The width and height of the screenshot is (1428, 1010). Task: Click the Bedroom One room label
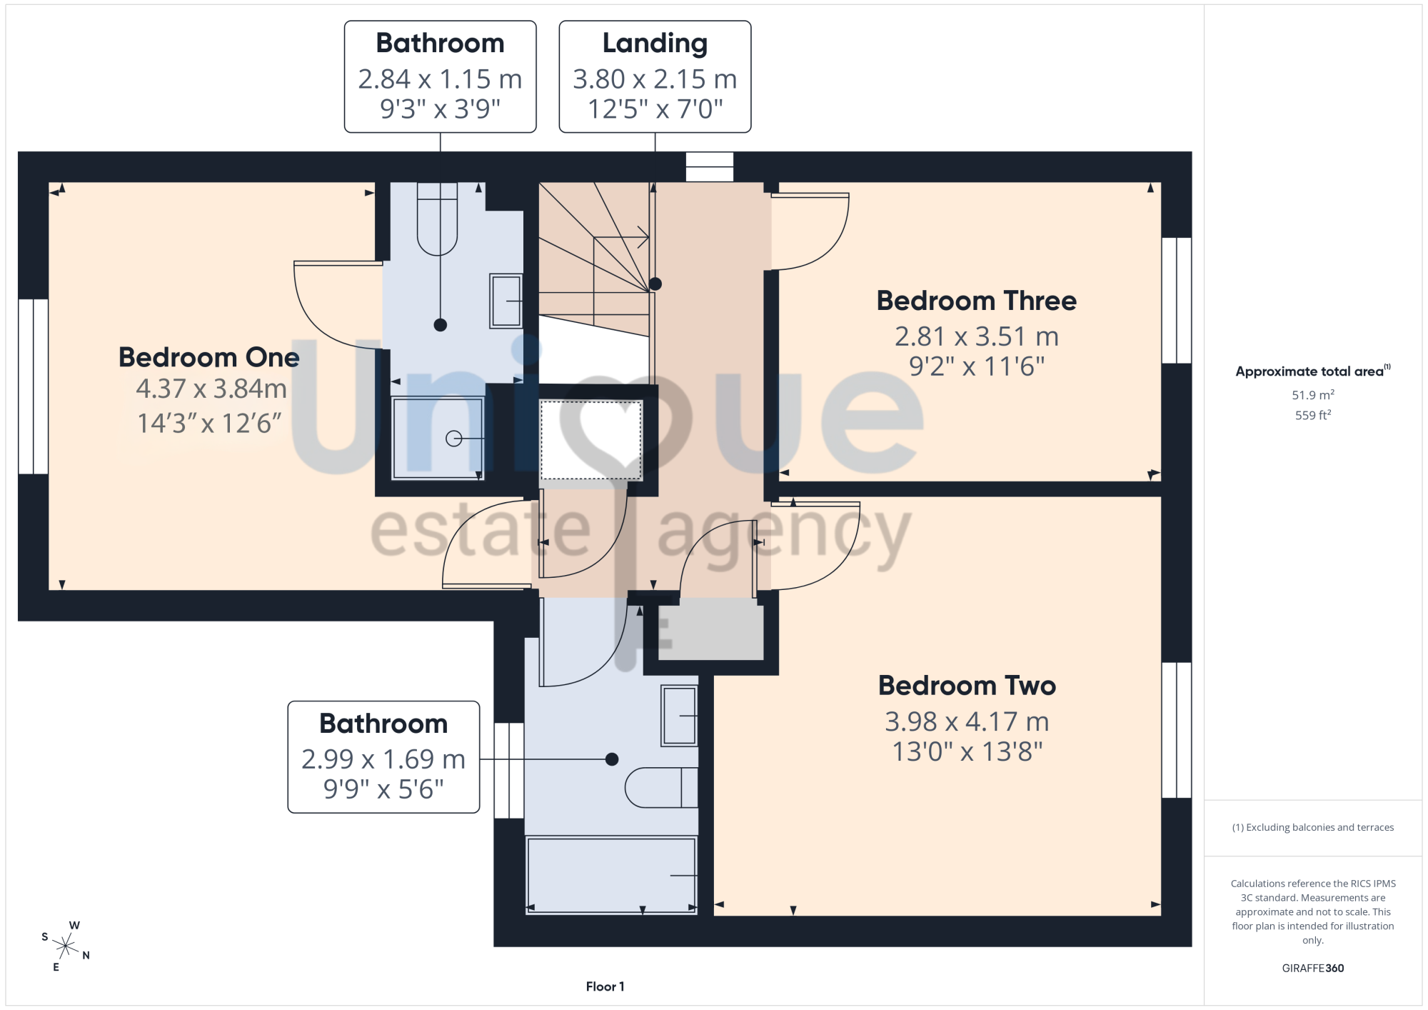(x=209, y=357)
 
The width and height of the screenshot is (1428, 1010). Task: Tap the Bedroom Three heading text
(x=977, y=301)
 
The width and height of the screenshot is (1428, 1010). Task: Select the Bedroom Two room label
(x=967, y=686)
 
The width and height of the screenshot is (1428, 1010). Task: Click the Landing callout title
(x=655, y=44)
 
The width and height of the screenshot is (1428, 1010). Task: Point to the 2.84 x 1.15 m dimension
(x=441, y=79)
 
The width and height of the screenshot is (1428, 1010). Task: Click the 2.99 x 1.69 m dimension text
(x=383, y=759)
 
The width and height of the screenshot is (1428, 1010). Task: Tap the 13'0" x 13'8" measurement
(x=967, y=751)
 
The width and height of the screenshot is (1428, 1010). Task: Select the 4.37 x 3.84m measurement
(x=211, y=389)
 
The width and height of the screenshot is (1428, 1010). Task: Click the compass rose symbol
(x=66, y=947)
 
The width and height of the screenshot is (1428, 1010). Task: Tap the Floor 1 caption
(x=605, y=986)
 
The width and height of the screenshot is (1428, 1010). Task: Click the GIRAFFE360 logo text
(x=1313, y=969)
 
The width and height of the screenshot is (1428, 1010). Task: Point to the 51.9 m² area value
(x=1313, y=394)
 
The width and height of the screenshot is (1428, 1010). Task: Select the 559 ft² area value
(x=1313, y=415)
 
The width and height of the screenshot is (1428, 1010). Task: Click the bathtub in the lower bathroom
(x=611, y=875)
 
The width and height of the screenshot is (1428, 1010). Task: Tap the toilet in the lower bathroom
(x=662, y=788)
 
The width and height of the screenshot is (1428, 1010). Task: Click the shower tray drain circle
(x=453, y=439)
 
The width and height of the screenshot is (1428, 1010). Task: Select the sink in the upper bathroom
(x=506, y=301)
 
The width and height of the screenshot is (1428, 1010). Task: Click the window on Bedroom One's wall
(x=34, y=386)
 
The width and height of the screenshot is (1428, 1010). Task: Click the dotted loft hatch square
(x=590, y=440)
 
